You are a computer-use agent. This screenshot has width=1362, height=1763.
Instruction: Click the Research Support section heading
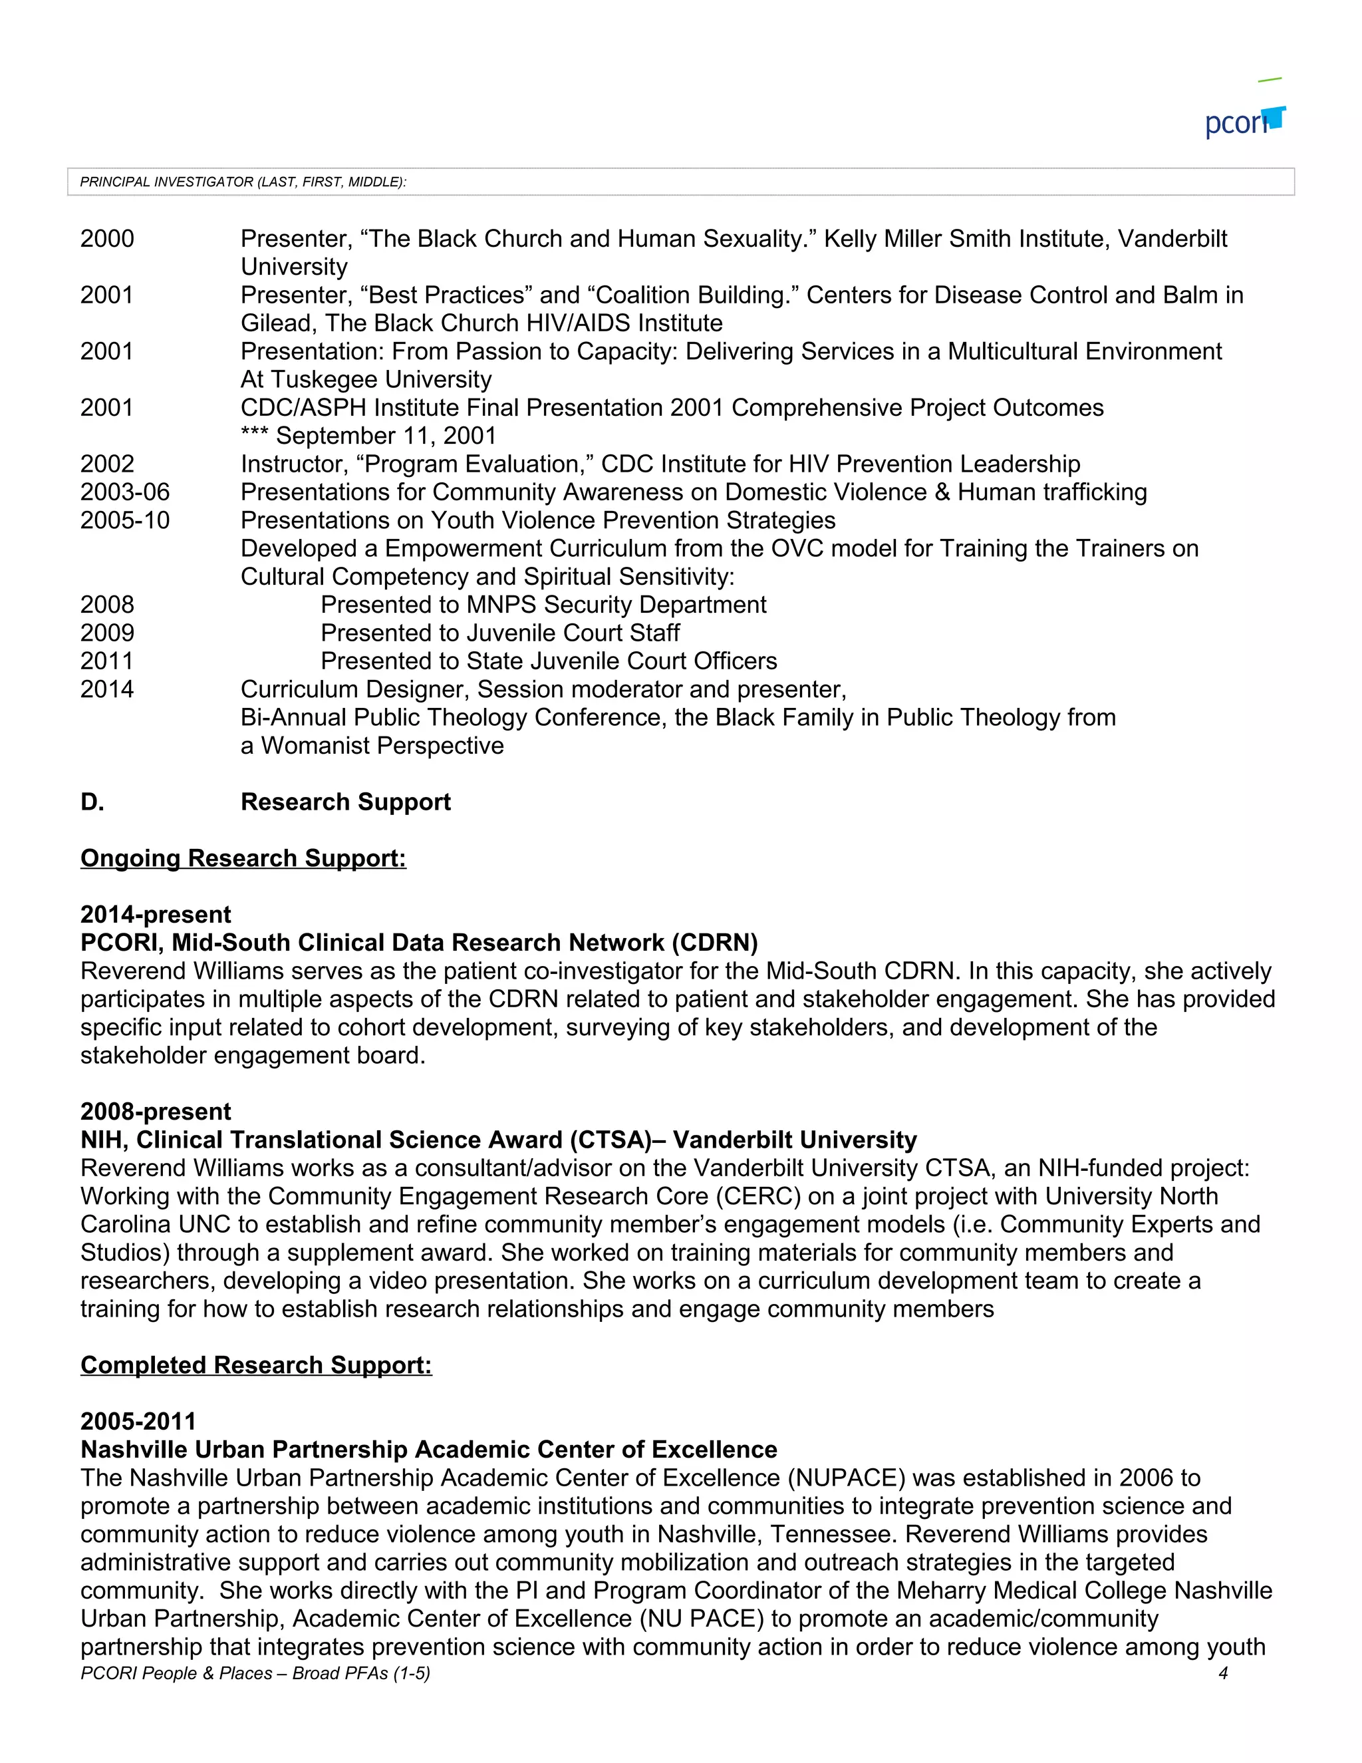pyautogui.click(x=345, y=802)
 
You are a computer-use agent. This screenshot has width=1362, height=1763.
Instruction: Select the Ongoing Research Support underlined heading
pyautogui.click(x=243, y=858)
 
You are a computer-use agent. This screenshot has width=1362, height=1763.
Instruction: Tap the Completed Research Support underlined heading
pyautogui.click(x=256, y=1365)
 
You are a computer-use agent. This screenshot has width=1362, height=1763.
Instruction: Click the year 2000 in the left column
pyautogui.click(x=107, y=239)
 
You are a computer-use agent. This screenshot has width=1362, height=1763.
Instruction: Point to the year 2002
pyautogui.click(x=107, y=464)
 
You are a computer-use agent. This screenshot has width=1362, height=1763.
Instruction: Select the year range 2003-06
pyautogui.click(x=125, y=492)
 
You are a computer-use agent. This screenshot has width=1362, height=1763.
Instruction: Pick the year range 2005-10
pyautogui.click(x=125, y=521)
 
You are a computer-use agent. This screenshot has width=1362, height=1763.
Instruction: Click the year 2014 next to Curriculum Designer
pyautogui.click(x=107, y=689)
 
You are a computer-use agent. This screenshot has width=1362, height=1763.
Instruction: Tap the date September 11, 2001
pyautogui.click(x=386, y=436)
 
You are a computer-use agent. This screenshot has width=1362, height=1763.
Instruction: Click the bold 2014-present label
pyautogui.click(x=156, y=915)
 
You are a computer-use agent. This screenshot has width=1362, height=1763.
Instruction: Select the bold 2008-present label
pyautogui.click(x=156, y=1112)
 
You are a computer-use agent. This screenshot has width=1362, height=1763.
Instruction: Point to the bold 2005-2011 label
pyautogui.click(x=138, y=1422)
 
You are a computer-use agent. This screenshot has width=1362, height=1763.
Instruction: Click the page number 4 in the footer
pyautogui.click(x=1222, y=1673)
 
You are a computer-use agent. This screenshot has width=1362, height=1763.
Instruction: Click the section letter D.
pyautogui.click(x=92, y=802)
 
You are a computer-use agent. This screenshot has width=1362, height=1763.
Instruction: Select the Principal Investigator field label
pyautogui.click(x=243, y=182)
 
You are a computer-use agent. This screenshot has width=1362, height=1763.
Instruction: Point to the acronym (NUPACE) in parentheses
pyautogui.click(x=846, y=1478)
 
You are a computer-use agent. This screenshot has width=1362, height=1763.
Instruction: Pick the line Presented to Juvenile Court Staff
pyautogui.click(x=499, y=633)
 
